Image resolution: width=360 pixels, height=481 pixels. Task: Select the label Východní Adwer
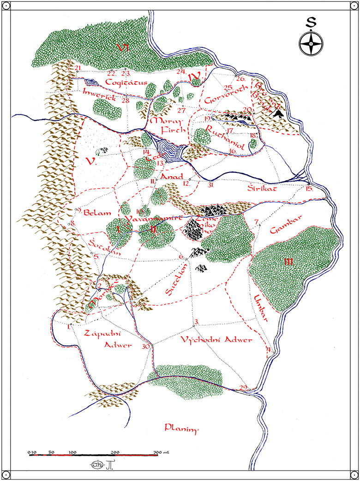(216, 340)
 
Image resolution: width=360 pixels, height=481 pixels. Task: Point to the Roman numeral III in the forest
(289, 262)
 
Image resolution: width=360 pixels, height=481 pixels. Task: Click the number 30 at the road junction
(146, 346)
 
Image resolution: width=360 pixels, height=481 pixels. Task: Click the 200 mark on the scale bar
(115, 452)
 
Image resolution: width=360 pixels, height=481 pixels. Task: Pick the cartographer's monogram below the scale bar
(93, 464)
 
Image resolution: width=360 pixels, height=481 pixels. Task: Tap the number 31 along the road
(211, 185)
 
